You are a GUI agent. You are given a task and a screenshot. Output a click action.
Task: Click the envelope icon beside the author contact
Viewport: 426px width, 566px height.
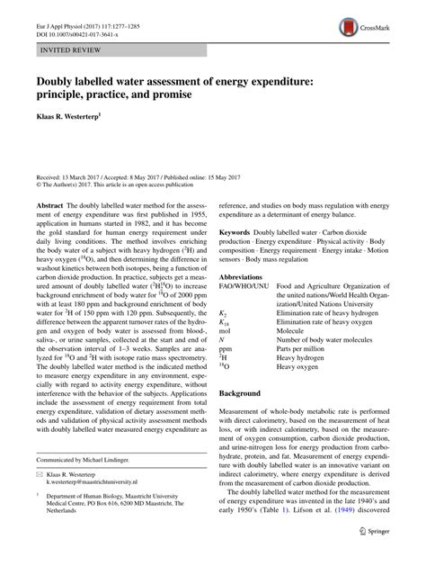(41, 497)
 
